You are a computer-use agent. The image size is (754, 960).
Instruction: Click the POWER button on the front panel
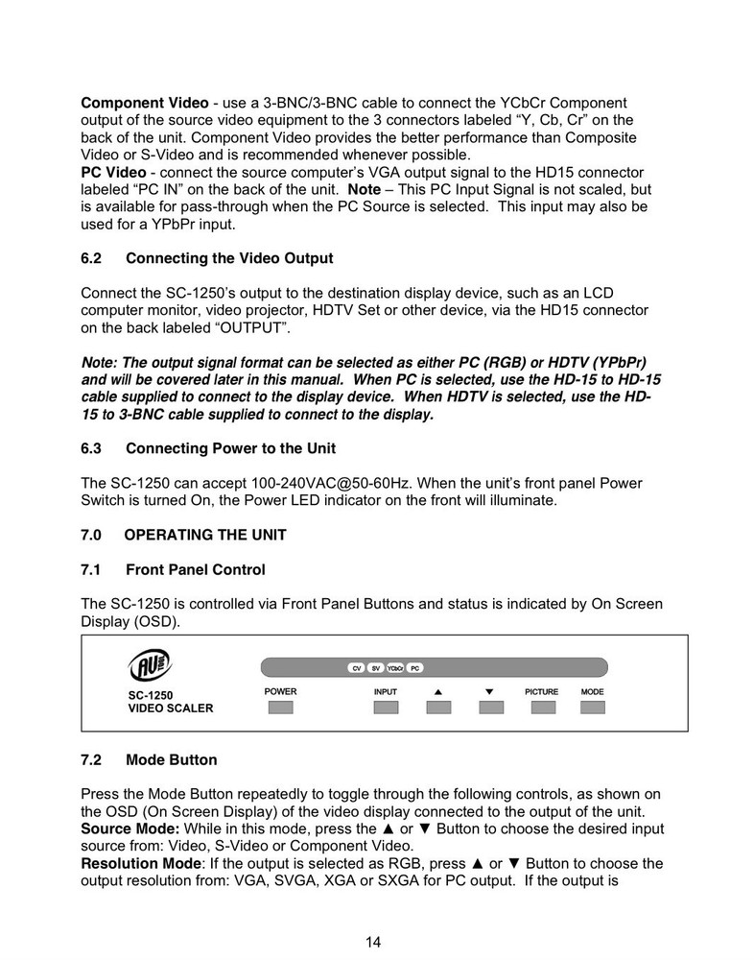pyautogui.click(x=280, y=708)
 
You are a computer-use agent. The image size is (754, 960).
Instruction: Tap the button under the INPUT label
pyautogui.click(x=386, y=708)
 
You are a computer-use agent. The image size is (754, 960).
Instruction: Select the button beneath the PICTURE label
pyautogui.click(x=543, y=708)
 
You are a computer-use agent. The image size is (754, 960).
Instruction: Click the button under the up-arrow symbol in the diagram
pyautogui.click(x=438, y=708)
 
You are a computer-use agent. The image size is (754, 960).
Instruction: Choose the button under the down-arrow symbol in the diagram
pyautogui.click(x=490, y=708)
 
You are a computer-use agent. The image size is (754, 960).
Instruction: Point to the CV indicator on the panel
pyautogui.click(x=355, y=667)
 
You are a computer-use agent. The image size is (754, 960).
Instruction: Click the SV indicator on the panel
pyautogui.click(x=376, y=667)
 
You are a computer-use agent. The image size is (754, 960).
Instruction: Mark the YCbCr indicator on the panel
pyautogui.click(x=394, y=667)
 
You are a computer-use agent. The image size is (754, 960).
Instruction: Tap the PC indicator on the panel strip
pyautogui.click(x=414, y=667)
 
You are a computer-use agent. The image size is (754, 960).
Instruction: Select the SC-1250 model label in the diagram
pyautogui.click(x=152, y=695)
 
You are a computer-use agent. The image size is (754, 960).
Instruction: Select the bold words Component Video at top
pyautogui.click(x=142, y=103)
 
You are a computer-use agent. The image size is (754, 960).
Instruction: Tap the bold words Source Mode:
pyautogui.click(x=129, y=828)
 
